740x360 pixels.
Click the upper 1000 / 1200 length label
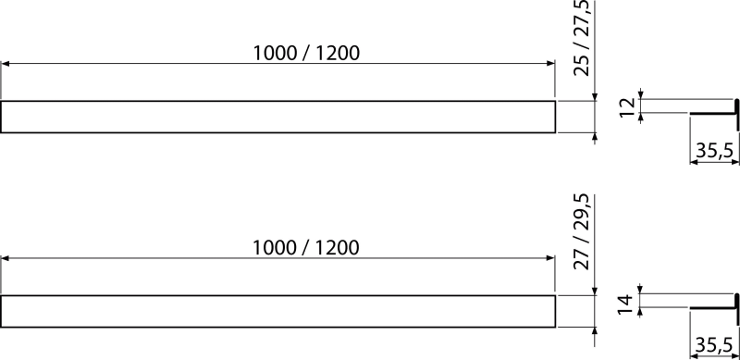click(306, 53)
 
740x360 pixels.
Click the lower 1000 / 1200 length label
click(306, 248)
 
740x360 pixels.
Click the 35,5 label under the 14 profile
click(713, 346)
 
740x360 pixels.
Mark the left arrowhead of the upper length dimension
click(5, 64)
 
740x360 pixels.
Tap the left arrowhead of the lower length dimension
click(5, 258)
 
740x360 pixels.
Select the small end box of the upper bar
click(573, 117)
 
